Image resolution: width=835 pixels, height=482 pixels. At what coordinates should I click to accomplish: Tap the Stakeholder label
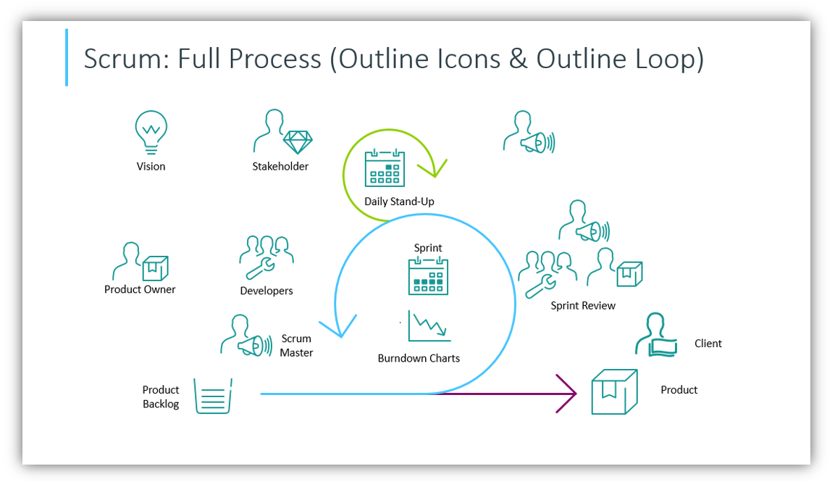click(x=280, y=167)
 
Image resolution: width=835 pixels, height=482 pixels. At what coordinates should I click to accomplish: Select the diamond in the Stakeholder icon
click(x=297, y=141)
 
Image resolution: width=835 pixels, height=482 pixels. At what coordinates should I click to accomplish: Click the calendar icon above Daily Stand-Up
click(x=385, y=167)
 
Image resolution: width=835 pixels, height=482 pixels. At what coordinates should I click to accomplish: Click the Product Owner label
click(x=140, y=289)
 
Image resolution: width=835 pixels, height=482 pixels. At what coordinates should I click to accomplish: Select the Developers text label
click(x=267, y=291)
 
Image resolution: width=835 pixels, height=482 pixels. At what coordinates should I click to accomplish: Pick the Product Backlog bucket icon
click(x=212, y=396)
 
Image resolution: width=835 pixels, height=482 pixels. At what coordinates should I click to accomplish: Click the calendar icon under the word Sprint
click(x=428, y=276)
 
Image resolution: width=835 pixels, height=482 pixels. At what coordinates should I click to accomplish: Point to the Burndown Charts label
click(x=419, y=358)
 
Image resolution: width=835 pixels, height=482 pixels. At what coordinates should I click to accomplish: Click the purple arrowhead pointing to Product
click(x=568, y=394)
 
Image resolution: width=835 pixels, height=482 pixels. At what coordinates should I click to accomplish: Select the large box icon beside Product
click(x=614, y=391)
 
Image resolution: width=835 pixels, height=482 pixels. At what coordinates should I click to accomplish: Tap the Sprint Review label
click(x=583, y=306)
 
